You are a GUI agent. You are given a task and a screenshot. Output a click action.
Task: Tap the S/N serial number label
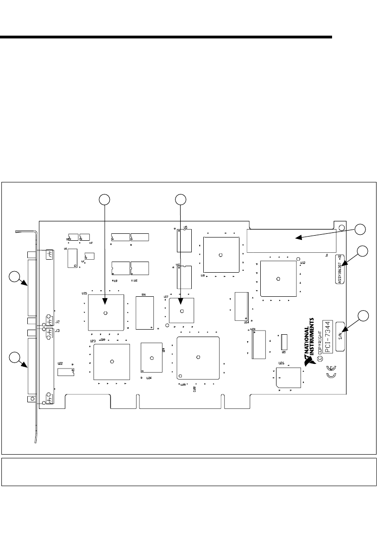(340, 336)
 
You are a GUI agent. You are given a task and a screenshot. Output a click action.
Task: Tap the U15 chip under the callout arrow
(106, 312)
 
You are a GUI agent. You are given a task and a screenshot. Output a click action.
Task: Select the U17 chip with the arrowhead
(181, 310)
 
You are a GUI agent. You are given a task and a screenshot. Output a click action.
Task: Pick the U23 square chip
(111, 362)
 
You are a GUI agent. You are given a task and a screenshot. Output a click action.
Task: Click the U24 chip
(151, 357)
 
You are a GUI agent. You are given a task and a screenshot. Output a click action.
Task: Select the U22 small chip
(66, 370)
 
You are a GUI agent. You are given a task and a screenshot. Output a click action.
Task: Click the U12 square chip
(278, 278)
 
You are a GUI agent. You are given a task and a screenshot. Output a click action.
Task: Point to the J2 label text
(58, 321)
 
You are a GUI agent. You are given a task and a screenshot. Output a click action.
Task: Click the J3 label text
(58, 331)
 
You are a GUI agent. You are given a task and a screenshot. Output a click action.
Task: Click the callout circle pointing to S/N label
(363, 316)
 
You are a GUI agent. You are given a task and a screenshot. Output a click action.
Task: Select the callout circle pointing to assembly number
(363, 251)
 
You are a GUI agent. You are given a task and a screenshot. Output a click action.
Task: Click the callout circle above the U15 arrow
(106, 199)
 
